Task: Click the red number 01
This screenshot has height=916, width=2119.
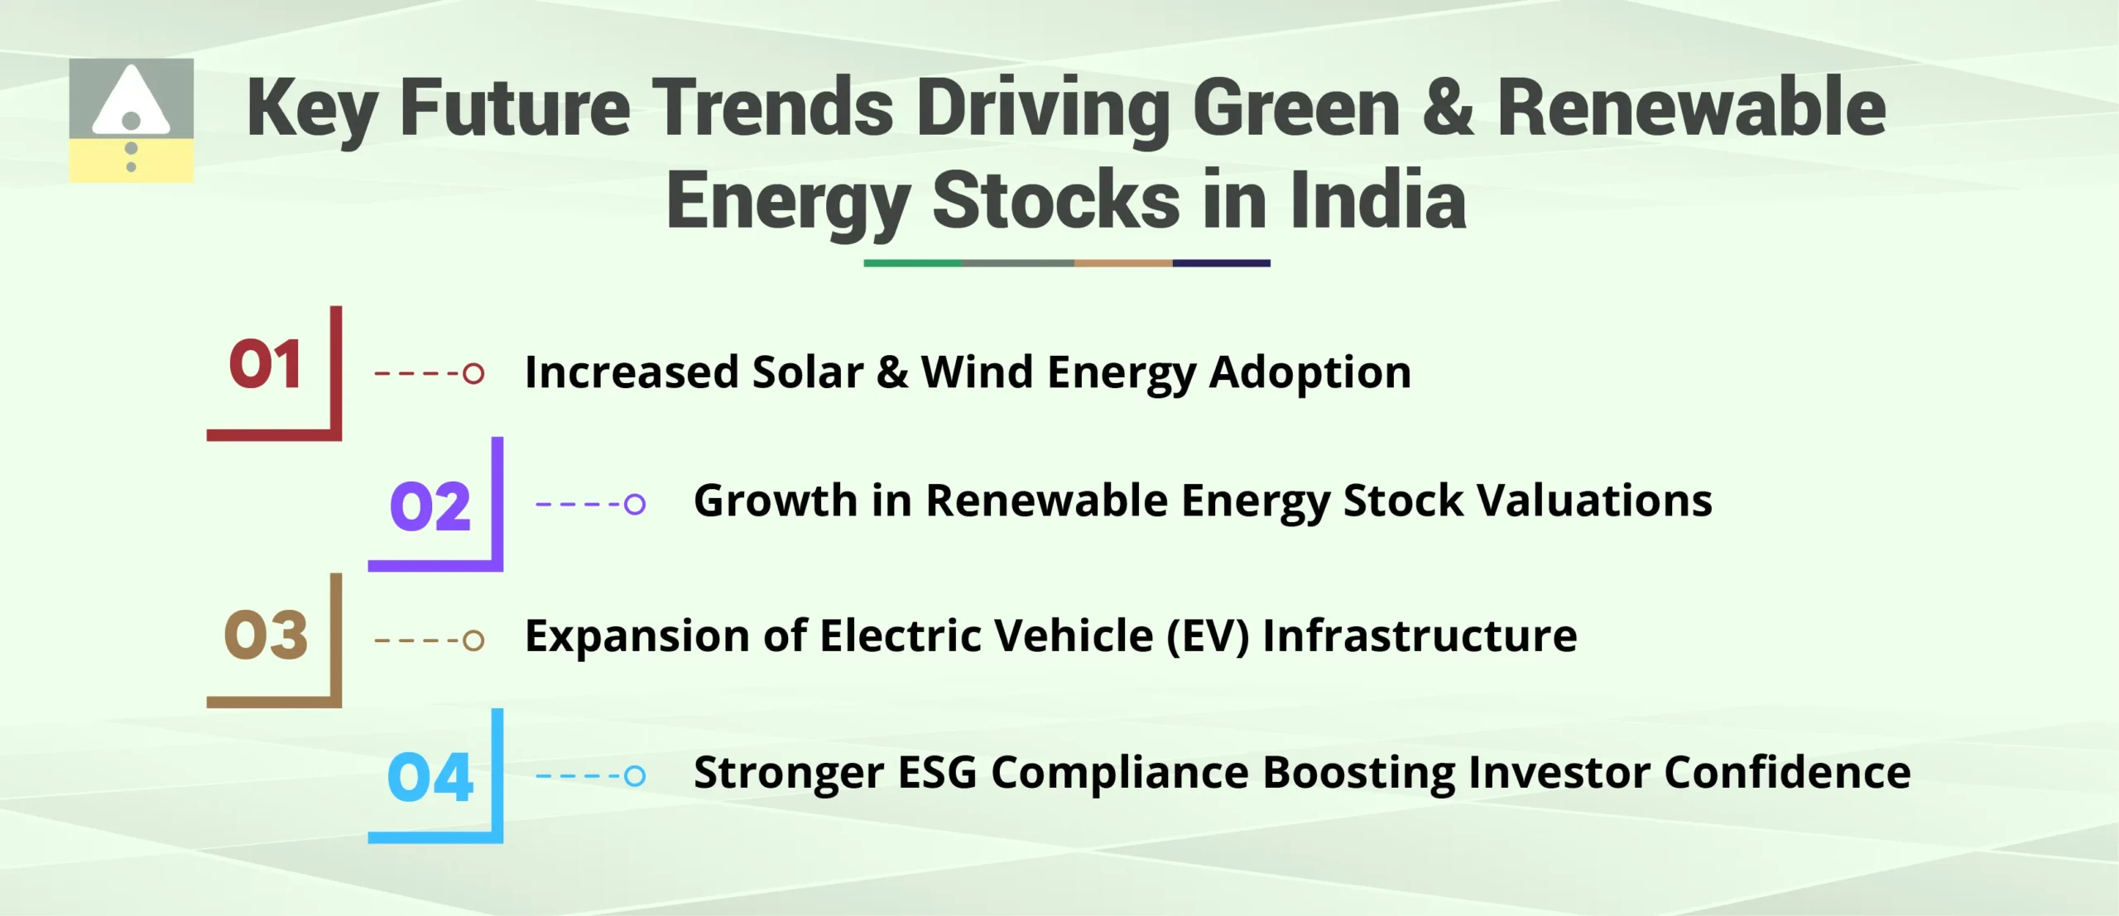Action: tap(265, 365)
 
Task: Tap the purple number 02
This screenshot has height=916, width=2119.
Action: tap(430, 506)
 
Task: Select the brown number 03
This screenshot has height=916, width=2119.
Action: tap(266, 635)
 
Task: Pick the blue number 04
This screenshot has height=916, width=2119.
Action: tap(430, 778)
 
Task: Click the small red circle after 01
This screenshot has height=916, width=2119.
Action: tap(473, 373)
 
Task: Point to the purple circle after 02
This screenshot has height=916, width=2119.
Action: tap(635, 503)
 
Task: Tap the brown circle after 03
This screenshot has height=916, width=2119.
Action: tap(473, 640)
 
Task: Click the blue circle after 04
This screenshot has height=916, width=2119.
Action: tap(635, 775)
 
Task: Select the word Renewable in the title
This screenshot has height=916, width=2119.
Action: tap(1691, 108)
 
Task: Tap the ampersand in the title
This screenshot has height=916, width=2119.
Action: tap(1448, 108)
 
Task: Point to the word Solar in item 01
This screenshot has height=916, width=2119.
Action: tap(807, 372)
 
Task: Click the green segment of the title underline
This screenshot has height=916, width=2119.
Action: tap(912, 263)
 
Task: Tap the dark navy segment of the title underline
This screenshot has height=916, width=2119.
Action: tap(1221, 263)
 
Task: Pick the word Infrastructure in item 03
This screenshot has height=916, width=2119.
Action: tap(1419, 636)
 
